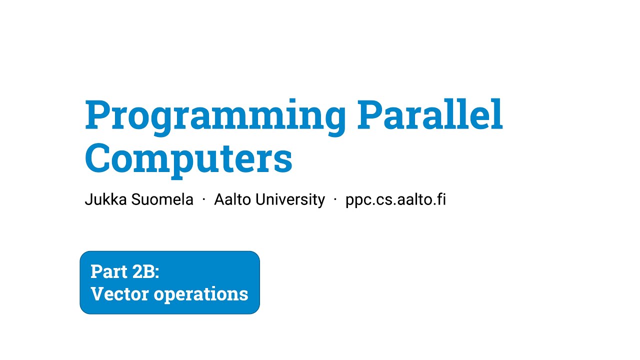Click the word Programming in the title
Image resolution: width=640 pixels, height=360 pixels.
215,116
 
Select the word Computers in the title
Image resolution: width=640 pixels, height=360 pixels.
188,158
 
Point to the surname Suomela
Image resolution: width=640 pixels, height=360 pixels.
162,199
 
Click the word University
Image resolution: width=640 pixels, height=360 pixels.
290,199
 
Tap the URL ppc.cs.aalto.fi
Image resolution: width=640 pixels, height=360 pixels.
395,199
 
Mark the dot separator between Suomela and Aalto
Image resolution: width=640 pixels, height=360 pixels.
204,200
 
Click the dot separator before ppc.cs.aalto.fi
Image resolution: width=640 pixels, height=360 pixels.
335,200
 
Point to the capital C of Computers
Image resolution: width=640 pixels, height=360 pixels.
98,158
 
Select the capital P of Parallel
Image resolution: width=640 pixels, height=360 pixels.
368,115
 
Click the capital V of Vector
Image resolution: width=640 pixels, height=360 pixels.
97,293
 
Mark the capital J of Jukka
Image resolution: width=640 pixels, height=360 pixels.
88,199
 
